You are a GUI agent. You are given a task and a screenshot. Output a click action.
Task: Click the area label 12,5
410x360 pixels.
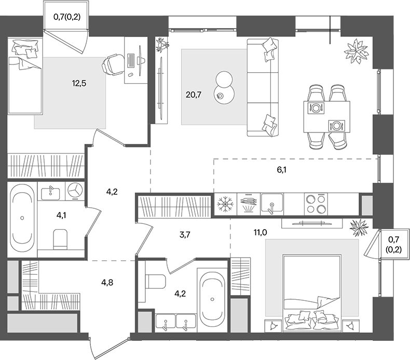click(x=79, y=82)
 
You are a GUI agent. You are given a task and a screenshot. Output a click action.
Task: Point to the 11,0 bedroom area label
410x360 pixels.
click(x=260, y=232)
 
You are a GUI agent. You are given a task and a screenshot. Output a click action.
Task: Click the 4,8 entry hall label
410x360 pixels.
click(x=108, y=283)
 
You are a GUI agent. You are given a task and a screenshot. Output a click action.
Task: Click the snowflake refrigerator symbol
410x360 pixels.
click(x=225, y=204)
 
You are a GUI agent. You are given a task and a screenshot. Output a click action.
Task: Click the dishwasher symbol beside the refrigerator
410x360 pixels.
click(x=248, y=204)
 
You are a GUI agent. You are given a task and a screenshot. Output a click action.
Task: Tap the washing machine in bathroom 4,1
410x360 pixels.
click(x=75, y=190)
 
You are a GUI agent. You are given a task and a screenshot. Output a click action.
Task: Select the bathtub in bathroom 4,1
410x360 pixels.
click(x=22, y=219)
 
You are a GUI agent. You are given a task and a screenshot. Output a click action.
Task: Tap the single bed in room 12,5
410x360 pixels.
click(x=24, y=78)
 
